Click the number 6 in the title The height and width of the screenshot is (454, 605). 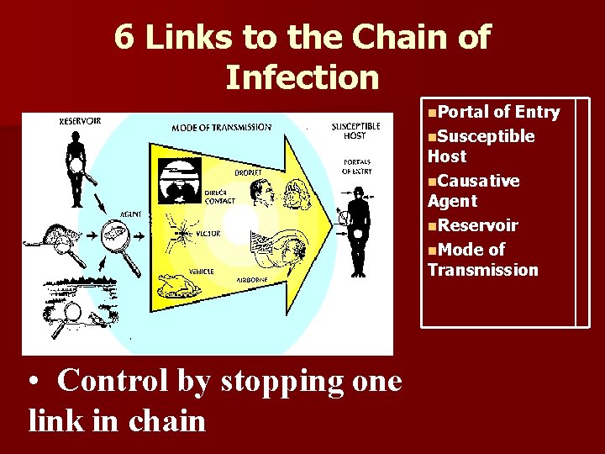(x=124, y=37)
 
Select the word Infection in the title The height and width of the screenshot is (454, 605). (x=302, y=77)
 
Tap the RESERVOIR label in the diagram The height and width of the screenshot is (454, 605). (x=81, y=121)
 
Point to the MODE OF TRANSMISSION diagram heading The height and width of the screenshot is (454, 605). (x=222, y=128)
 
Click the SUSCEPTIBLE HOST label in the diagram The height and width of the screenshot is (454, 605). (x=355, y=130)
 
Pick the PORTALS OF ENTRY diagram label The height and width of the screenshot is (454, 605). (x=358, y=166)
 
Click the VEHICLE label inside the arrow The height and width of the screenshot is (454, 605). (x=201, y=271)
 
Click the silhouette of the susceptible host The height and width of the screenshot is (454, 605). (x=359, y=231)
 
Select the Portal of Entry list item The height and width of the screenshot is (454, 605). (x=493, y=113)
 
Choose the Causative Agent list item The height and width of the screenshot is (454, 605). (x=474, y=191)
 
